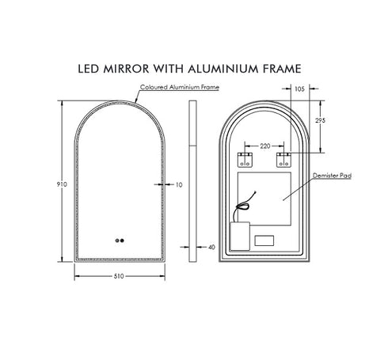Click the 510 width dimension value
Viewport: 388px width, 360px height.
(117, 276)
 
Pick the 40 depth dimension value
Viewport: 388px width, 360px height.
(211, 247)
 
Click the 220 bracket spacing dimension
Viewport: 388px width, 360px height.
(264, 146)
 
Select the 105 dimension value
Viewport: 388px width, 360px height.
(299, 89)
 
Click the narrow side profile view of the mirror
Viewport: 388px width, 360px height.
(192, 178)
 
